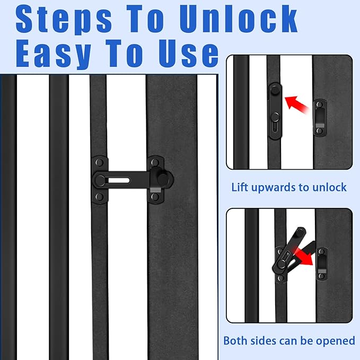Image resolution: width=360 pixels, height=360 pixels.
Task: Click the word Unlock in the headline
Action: point(239,19)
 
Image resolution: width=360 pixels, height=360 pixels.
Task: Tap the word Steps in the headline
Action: point(64,20)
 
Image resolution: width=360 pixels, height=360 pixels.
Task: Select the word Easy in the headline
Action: point(53,54)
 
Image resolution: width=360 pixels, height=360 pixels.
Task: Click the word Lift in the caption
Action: point(240,187)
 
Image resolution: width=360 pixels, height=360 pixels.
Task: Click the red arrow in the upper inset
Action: point(296,105)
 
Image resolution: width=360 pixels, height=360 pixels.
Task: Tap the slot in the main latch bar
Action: point(119,180)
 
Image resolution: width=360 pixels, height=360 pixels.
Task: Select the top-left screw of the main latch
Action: point(100,163)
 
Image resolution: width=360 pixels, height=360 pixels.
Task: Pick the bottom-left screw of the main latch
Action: point(100,197)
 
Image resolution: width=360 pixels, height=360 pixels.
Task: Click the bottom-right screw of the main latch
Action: point(155,197)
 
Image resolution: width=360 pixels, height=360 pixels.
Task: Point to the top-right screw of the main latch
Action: point(155,163)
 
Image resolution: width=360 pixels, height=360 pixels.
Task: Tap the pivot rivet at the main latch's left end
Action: point(100,180)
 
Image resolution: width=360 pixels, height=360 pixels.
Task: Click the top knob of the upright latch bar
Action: point(274,90)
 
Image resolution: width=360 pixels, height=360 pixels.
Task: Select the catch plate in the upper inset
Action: point(320,118)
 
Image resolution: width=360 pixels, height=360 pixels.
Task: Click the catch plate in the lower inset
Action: point(322,264)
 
